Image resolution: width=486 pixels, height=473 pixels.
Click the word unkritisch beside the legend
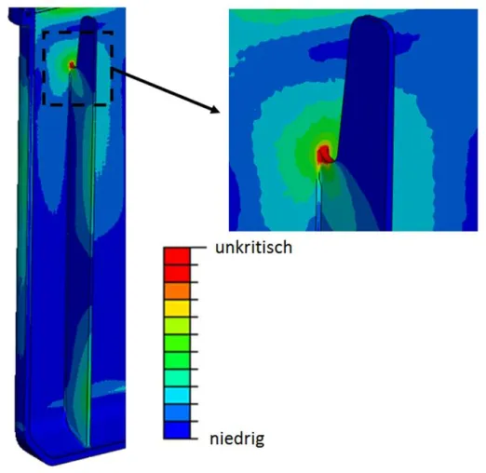(x=253, y=248)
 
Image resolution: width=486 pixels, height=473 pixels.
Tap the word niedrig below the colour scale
(x=237, y=439)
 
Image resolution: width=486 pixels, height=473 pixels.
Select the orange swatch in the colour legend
(x=177, y=291)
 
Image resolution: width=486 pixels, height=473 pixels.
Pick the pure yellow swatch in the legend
(x=177, y=308)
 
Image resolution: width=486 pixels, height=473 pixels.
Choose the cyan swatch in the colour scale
(x=177, y=395)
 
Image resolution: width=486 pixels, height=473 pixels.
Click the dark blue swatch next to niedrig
(x=177, y=430)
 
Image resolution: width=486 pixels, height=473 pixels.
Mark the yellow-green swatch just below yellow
(x=177, y=326)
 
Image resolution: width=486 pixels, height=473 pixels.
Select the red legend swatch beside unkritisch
(x=177, y=256)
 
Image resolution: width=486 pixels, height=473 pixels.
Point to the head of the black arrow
(x=219, y=113)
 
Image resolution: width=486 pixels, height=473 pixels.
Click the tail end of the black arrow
(x=114, y=70)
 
